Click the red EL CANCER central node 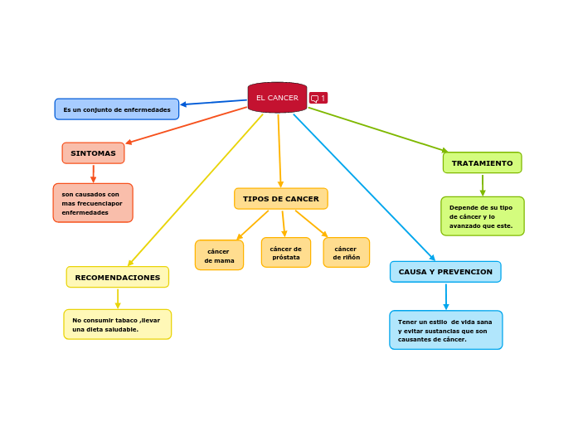point(277,98)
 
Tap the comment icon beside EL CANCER point(318,98)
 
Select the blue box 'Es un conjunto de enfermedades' point(117,109)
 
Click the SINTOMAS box point(93,153)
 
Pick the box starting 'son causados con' point(93,203)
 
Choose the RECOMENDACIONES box point(118,278)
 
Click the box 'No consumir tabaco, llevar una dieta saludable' point(118,325)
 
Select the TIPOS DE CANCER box point(281,199)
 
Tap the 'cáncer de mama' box point(219,255)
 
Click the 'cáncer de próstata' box point(286,253)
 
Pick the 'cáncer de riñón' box point(347,253)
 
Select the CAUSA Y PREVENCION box point(445,272)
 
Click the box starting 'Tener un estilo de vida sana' point(445,330)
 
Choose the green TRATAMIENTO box point(482,163)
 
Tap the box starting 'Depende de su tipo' point(482,216)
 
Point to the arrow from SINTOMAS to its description point(93,173)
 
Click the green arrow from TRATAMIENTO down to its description point(483,185)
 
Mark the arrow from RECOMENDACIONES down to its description point(118,298)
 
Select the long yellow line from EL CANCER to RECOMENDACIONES point(196,190)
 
